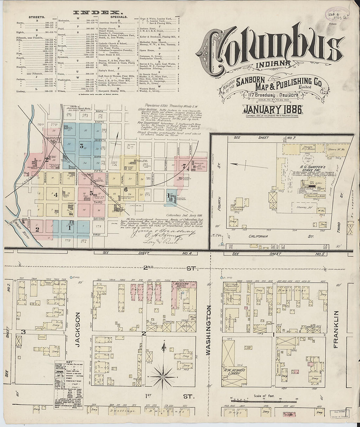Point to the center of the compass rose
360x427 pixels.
(163, 377)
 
